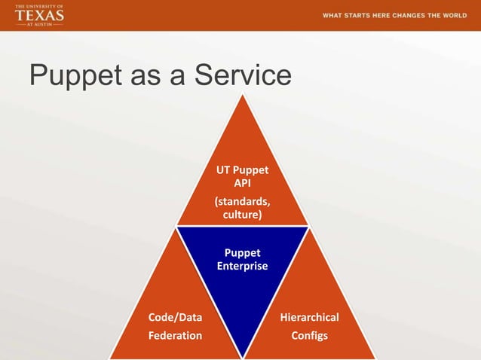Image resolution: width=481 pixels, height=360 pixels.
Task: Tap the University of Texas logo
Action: tap(39, 15)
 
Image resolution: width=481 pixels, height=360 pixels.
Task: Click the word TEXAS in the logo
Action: tap(39, 15)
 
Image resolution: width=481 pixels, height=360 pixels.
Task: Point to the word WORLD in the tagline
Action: tap(455, 15)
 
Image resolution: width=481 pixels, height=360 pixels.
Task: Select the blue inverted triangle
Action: tap(242, 279)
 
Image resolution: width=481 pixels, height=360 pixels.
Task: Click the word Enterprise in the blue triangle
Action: tap(242, 266)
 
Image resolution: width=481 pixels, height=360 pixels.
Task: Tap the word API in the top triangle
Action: tap(242, 183)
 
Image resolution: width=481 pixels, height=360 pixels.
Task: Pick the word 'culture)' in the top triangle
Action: tap(242, 215)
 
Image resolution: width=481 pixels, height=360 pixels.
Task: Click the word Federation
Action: tap(174, 335)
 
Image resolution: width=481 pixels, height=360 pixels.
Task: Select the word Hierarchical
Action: tap(309, 317)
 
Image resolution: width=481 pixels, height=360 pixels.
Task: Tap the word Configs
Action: tap(309, 335)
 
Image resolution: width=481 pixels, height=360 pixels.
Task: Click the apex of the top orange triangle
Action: tap(242, 98)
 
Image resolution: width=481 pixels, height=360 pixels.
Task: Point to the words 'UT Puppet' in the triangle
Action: tap(242, 170)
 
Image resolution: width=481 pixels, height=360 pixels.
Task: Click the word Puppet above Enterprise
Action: tap(242, 253)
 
